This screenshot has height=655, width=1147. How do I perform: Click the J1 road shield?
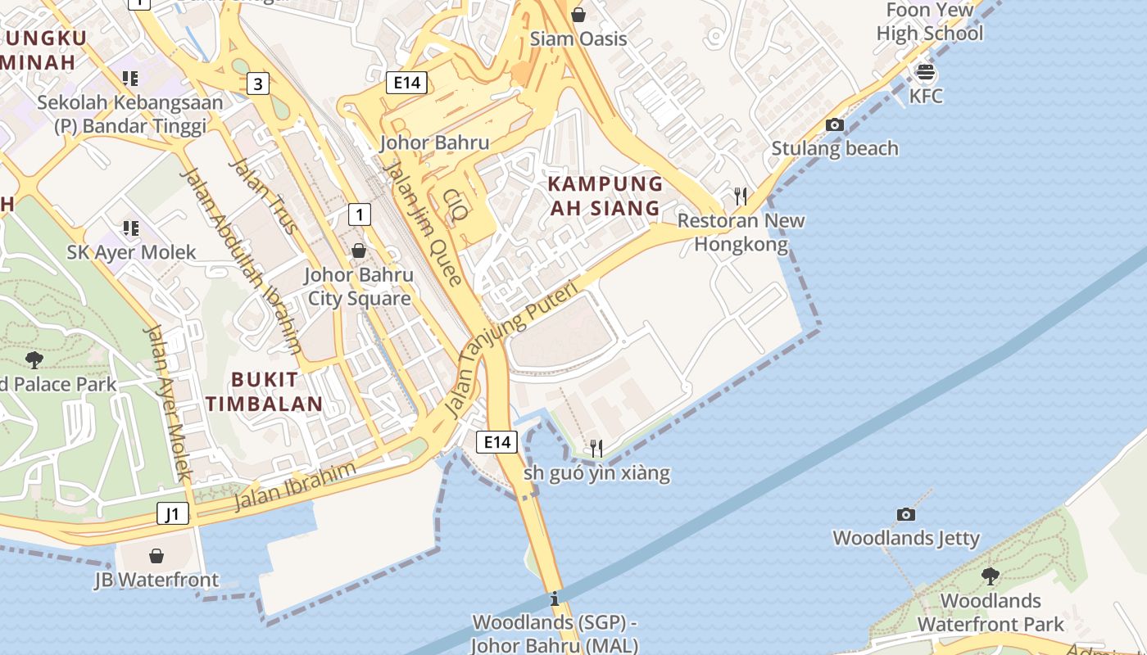click(173, 514)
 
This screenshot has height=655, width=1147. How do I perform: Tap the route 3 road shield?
click(258, 83)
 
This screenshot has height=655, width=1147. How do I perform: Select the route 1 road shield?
click(359, 215)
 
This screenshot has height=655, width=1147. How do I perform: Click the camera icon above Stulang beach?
click(835, 125)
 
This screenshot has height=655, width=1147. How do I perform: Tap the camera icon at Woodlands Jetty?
click(905, 515)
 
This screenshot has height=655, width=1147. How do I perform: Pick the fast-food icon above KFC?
click(926, 72)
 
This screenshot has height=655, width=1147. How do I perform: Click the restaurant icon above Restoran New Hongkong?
click(741, 196)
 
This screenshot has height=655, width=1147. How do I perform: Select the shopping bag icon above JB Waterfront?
click(156, 556)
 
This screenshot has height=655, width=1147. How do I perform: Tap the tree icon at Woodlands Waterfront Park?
click(990, 576)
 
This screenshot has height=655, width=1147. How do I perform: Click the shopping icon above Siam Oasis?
click(578, 15)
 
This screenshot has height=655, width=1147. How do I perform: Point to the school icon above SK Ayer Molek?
click(130, 228)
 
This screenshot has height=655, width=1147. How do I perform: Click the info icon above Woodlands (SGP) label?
click(555, 599)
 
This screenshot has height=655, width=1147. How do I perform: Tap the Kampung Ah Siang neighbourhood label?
click(605, 196)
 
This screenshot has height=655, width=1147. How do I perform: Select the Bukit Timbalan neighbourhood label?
click(264, 391)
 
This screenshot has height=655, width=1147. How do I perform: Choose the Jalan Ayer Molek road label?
click(167, 402)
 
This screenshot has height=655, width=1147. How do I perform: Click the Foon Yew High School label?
click(930, 22)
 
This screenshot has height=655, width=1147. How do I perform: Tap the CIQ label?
click(455, 206)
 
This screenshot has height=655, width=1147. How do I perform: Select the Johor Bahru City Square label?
click(359, 287)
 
